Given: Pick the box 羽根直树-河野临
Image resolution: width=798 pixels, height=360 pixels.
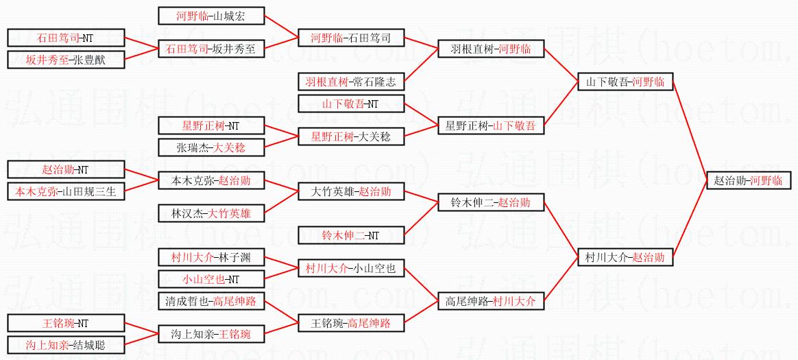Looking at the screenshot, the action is click(x=487, y=49).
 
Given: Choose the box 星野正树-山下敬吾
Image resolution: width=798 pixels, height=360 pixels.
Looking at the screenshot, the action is click(x=487, y=125).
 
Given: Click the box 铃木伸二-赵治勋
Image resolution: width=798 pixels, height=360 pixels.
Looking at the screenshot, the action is click(x=487, y=203).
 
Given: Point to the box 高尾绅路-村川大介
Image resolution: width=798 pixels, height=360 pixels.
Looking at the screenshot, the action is click(x=487, y=301).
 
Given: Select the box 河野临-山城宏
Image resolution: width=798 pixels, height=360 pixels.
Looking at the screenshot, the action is click(x=210, y=16).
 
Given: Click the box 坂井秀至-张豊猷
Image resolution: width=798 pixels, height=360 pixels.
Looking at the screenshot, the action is click(x=66, y=60).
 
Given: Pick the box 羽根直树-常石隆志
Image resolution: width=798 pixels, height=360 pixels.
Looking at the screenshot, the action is click(x=350, y=82).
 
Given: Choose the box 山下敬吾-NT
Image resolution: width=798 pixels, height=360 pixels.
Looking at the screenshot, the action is click(x=350, y=104).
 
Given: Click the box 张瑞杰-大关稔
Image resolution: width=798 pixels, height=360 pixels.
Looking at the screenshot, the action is click(x=210, y=147).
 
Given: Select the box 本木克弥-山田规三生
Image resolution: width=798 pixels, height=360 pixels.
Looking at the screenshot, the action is click(x=66, y=191).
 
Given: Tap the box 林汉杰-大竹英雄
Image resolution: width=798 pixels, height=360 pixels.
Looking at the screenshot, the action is click(x=210, y=214).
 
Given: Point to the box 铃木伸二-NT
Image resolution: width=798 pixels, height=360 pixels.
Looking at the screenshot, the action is click(x=350, y=235).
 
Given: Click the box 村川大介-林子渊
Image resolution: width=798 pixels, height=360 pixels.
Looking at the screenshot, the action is click(x=210, y=258).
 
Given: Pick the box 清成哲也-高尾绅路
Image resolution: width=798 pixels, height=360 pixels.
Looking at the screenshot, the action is click(x=210, y=301).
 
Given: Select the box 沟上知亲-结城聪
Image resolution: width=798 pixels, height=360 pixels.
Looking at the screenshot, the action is click(x=66, y=345).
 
